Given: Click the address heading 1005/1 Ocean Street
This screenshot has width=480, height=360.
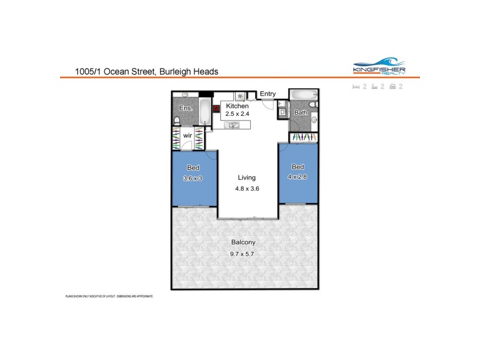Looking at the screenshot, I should pyautogui.click(x=146, y=71).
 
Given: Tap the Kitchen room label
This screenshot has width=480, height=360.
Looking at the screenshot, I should pyautogui.click(x=237, y=106).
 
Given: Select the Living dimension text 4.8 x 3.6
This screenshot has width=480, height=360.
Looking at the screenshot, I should pyautogui.click(x=247, y=188).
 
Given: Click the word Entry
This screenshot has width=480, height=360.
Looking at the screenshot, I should pyautogui.click(x=268, y=94).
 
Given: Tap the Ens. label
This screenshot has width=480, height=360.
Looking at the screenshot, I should pyautogui.click(x=185, y=109).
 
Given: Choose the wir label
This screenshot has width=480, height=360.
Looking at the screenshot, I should pyautogui.click(x=187, y=136).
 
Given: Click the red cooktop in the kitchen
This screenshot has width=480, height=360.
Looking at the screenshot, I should pyautogui.click(x=217, y=109).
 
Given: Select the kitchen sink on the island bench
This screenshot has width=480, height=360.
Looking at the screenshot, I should pyautogui.click(x=233, y=125).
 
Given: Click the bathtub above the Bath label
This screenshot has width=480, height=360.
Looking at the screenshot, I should pyautogui.click(x=304, y=95).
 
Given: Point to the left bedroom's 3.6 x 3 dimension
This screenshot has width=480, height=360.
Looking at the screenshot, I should pyautogui.click(x=193, y=178).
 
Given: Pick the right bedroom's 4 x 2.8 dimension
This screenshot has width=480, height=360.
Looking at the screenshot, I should pyautogui.click(x=298, y=177).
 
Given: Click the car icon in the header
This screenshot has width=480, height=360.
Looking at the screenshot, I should pyautogui.click(x=392, y=86).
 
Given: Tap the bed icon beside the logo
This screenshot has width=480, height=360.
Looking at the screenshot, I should pyautogui.click(x=356, y=86).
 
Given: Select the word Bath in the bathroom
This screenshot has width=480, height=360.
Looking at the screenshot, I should pyautogui.click(x=301, y=112).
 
